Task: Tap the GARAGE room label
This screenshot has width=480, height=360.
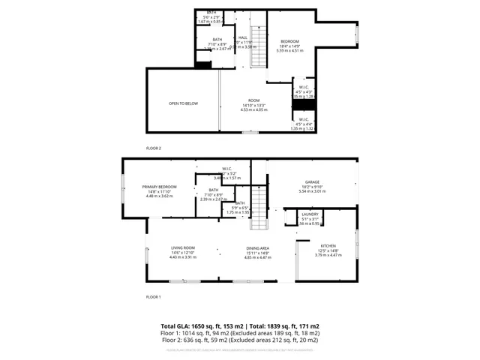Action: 312,182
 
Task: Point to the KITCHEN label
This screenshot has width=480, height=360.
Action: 329,246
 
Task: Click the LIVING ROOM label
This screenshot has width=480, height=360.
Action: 183,248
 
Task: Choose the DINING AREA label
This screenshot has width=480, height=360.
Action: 258,248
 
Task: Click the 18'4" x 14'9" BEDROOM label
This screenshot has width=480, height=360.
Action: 290,41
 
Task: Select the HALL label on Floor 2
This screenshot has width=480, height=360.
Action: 243,37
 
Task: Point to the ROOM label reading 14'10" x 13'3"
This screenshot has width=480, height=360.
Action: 254,100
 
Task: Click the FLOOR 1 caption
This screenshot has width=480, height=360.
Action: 153,297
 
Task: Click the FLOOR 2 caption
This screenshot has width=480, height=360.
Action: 153,148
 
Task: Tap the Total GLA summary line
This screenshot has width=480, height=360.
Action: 240,327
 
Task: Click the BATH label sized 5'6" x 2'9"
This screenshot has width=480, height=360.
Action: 211,13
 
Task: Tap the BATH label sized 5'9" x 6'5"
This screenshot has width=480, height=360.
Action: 240,203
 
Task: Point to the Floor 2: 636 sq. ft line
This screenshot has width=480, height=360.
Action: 240,340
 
